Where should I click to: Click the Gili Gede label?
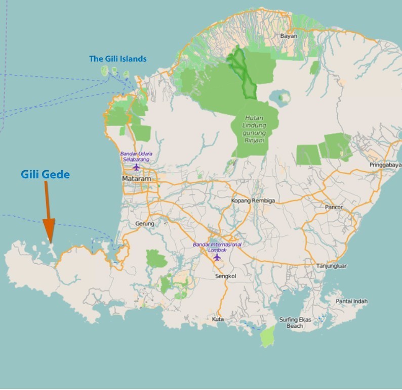(x=45, y=174)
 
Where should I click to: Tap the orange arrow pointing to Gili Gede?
(x=48, y=212)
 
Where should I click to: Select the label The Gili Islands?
(x=118, y=59)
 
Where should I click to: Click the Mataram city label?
(x=134, y=179)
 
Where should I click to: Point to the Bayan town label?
(x=288, y=36)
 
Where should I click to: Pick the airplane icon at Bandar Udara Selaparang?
(x=136, y=167)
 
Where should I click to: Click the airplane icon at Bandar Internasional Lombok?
(x=217, y=257)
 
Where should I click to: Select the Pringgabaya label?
(x=384, y=165)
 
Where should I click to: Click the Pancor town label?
(x=334, y=207)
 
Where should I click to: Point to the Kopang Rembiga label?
(x=253, y=201)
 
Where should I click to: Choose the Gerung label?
(x=144, y=223)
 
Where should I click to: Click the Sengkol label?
(x=226, y=276)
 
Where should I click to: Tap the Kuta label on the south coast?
(x=218, y=320)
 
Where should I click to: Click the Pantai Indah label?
(x=351, y=301)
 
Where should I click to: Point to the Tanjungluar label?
(x=330, y=266)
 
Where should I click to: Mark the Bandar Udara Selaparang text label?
(x=136, y=156)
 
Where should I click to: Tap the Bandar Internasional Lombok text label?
(x=217, y=247)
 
